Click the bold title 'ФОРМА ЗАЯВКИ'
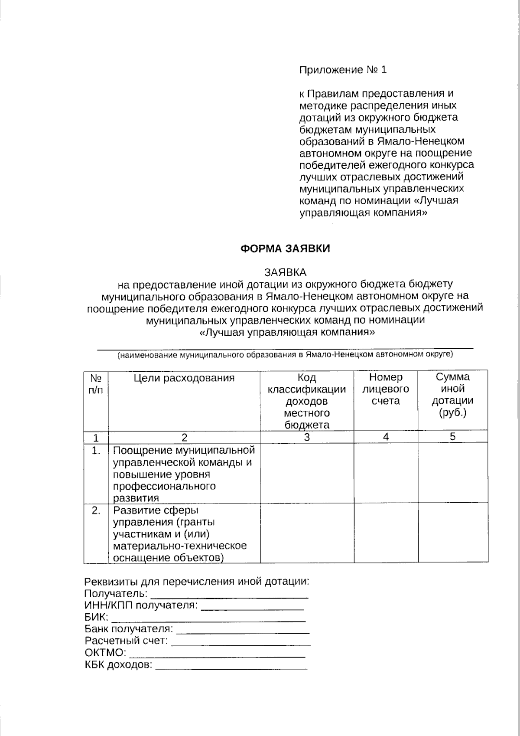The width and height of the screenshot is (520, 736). coord(285,249)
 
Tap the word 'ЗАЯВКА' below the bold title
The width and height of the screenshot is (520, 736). coord(285,272)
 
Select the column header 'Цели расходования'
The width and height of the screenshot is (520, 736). coord(184,378)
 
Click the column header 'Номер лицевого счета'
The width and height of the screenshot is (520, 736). coord(386,389)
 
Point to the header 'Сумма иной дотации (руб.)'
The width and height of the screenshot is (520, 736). coord(452,395)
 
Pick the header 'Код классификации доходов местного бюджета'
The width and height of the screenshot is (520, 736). coord(307,401)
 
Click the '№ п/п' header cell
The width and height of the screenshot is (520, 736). coord(96,384)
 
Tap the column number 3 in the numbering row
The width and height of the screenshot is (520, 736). coord(307,437)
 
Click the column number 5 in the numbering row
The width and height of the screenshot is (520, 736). coord(452,437)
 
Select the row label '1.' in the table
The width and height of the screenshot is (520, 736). coord(96,451)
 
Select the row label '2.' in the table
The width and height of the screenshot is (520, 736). coord(96,511)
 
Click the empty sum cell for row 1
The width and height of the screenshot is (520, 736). coord(452,473)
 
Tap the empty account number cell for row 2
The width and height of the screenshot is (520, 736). coord(386,533)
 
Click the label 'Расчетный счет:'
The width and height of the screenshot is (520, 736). coord(126,641)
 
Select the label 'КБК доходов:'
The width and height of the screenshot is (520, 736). coord(118,665)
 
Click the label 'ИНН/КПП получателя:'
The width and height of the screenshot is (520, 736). coord(141,605)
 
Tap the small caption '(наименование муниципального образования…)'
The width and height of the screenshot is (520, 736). coord(285,355)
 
